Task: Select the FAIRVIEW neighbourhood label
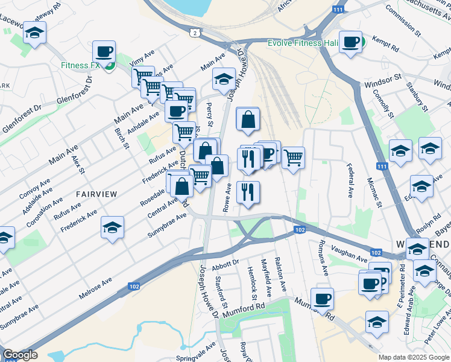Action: (x=95, y=193)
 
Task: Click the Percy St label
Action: (x=210, y=110)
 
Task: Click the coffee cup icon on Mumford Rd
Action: (x=323, y=297)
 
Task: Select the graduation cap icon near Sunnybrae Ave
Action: (x=112, y=227)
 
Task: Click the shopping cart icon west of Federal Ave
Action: (x=293, y=157)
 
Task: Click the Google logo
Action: (x=20, y=355)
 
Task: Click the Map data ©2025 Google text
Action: (x=413, y=357)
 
